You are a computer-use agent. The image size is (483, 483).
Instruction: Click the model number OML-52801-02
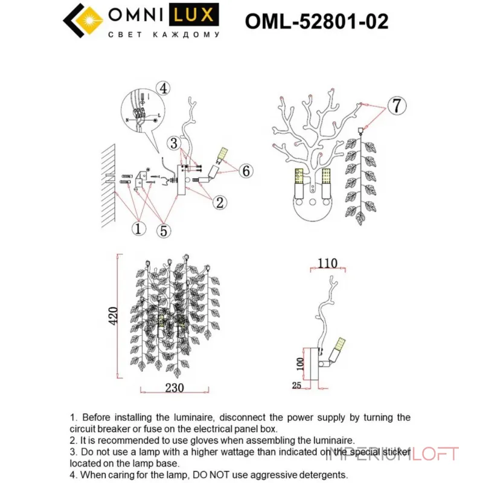pos(316,22)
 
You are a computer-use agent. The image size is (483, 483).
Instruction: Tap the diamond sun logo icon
pos(84,22)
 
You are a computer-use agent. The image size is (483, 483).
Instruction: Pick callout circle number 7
pos(395,106)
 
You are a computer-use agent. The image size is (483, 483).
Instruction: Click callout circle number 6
pos(245,171)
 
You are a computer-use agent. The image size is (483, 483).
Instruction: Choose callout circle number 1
pos(139,229)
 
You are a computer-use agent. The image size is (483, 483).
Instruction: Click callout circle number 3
pos(174,143)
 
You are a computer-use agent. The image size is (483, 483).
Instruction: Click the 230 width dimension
pos(173,388)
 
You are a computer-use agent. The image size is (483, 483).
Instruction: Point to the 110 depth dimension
pos(326,263)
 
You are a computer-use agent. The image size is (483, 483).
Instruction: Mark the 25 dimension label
pos(296,384)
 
